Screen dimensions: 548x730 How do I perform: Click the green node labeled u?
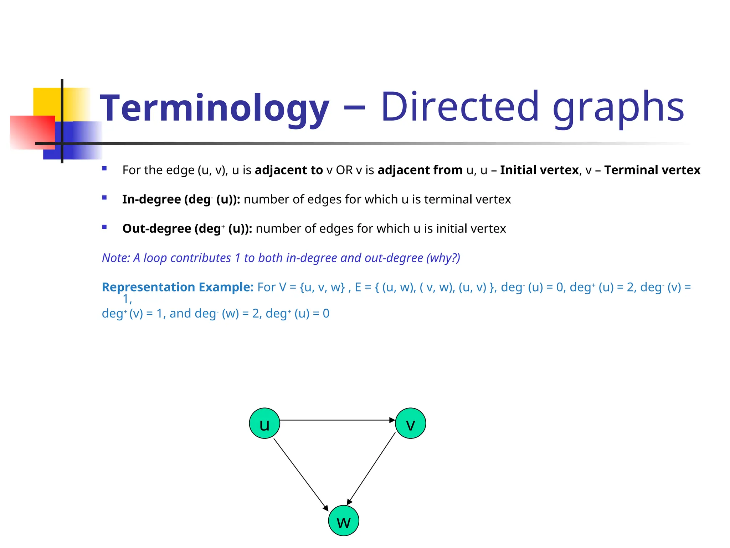(x=264, y=423)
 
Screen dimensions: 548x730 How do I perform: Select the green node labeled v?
(x=410, y=423)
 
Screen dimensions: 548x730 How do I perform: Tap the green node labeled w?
(x=343, y=521)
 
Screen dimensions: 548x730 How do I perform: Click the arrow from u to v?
(x=337, y=420)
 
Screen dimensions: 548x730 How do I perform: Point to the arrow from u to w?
(x=300, y=475)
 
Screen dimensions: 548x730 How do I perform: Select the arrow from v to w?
(x=371, y=468)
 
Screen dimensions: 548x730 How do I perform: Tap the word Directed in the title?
(x=460, y=107)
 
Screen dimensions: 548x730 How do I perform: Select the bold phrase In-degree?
(x=151, y=199)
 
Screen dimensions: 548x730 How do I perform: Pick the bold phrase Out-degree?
(x=157, y=228)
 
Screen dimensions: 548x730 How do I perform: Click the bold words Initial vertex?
(x=539, y=170)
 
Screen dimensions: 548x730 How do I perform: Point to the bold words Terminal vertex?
(x=652, y=170)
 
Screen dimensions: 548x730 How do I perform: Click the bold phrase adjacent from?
(x=420, y=170)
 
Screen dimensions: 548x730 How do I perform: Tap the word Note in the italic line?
(x=115, y=258)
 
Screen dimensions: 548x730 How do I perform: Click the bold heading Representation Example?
(x=178, y=287)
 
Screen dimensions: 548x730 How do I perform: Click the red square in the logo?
(x=32, y=132)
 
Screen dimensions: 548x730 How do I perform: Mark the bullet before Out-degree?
(x=104, y=227)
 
